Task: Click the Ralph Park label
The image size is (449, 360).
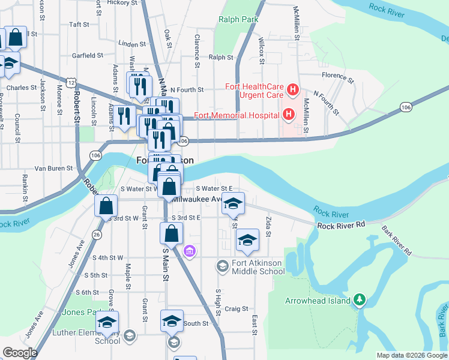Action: point(239,19)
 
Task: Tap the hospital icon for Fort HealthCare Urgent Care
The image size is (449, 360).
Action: point(293,91)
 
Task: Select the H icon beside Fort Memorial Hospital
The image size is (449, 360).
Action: point(289,113)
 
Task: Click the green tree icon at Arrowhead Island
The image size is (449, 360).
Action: point(360,298)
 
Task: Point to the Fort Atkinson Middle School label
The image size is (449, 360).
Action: point(257,266)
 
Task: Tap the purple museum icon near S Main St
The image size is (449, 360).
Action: point(190,250)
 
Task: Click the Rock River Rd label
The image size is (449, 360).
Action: point(342,226)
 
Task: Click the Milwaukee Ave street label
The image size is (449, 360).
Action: point(197,199)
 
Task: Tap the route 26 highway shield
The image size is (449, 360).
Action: point(97,234)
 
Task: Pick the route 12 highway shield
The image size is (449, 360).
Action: point(71,82)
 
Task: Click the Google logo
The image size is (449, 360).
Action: point(19,353)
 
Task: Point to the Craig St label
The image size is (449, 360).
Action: point(237,309)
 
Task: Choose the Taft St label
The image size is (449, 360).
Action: point(79,25)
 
